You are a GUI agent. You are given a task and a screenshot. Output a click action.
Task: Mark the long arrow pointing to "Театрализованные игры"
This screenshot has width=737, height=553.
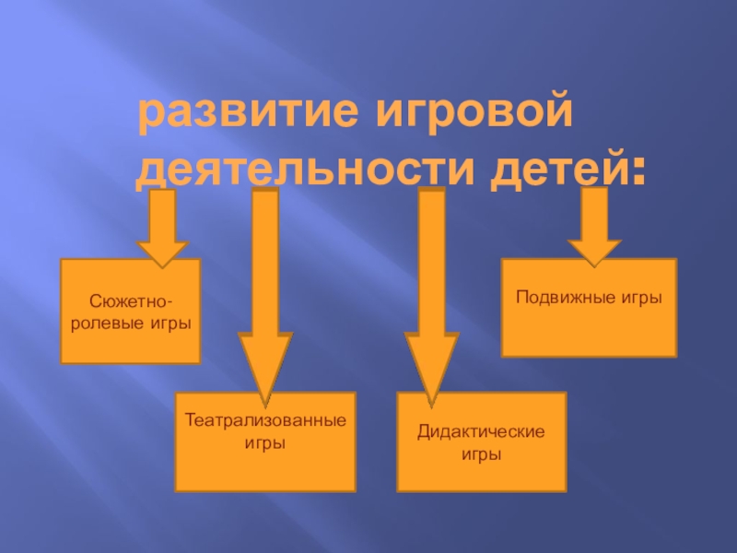pos(264,295)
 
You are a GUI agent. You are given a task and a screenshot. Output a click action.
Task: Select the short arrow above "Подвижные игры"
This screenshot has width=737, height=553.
pos(595,226)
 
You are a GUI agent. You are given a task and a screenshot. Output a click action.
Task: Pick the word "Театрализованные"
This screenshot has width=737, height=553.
pos(265,420)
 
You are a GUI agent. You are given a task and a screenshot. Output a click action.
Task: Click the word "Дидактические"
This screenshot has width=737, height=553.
pos(481,431)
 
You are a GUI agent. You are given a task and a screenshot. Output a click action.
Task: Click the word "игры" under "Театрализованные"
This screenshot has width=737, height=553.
pos(265,442)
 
